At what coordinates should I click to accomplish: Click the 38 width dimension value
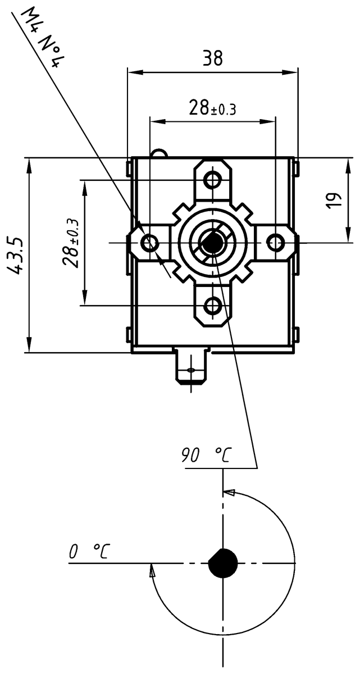click(212, 57)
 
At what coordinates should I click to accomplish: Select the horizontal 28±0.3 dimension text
click(212, 108)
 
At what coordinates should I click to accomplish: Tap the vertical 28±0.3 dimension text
click(71, 243)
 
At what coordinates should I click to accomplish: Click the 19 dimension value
click(334, 200)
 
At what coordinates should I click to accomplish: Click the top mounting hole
click(212, 180)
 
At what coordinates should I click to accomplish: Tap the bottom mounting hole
click(212, 306)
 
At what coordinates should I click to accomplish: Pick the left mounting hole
click(149, 243)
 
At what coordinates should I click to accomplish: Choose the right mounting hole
click(275, 243)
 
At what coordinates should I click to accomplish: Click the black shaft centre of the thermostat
click(212, 243)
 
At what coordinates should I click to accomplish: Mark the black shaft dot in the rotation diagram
click(224, 563)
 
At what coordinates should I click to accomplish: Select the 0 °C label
click(89, 552)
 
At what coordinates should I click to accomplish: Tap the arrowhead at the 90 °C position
click(229, 493)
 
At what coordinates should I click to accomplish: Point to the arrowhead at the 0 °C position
click(152, 571)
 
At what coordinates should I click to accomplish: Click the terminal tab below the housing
click(192, 368)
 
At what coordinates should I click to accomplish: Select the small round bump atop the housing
click(159, 152)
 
